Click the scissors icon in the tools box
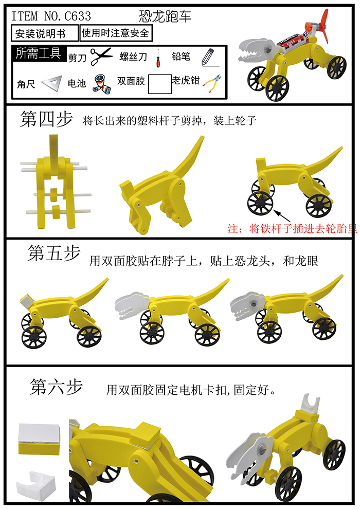tap(101, 57)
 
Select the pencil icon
tap(207, 56)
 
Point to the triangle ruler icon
tap(50, 83)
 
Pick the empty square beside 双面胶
tap(159, 84)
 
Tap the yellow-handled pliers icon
tap(212, 82)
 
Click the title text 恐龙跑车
tap(165, 16)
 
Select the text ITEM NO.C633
tap(51, 16)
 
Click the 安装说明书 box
tap(45, 34)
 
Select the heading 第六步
tap(56, 387)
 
